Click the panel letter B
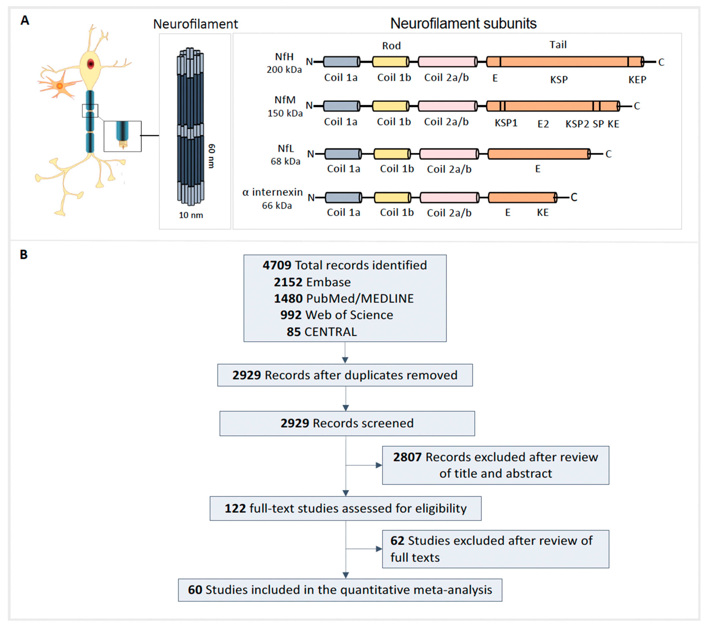(x=24, y=255)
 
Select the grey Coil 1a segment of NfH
(x=341, y=62)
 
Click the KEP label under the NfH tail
(x=637, y=80)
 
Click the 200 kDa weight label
(x=284, y=69)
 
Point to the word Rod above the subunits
(x=391, y=46)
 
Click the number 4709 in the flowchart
(x=277, y=265)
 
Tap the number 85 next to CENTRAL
(x=293, y=332)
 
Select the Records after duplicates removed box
(x=345, y=375)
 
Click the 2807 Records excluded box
(x=495, y=465)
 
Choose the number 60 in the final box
(x=195, y=590)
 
